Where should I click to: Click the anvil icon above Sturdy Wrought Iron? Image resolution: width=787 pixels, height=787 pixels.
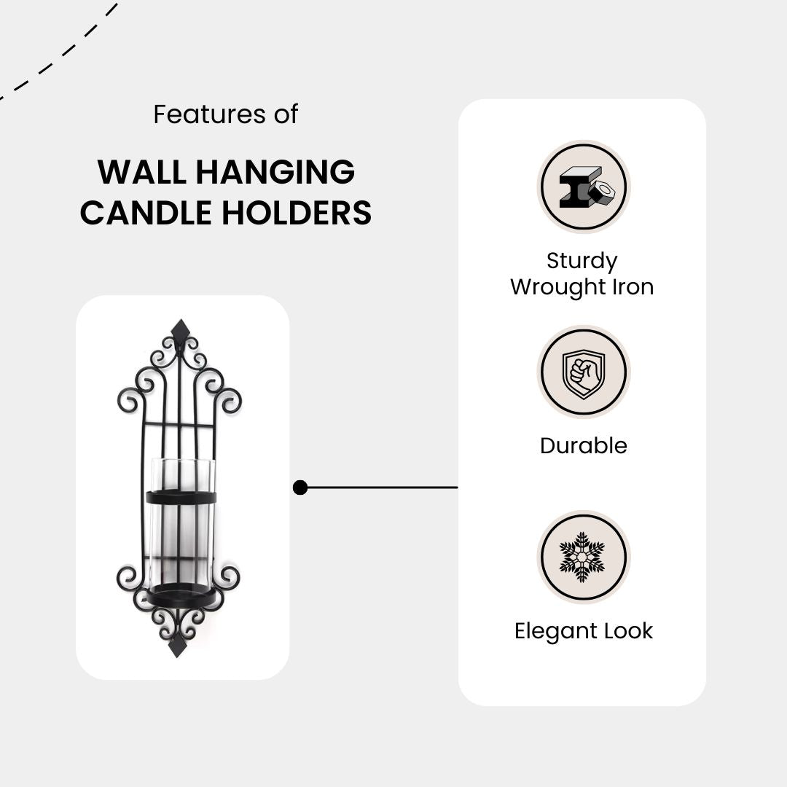(583, 187)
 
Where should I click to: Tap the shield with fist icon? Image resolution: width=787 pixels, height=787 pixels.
(583, 372)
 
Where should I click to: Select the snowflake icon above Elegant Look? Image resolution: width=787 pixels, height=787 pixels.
(583, 557)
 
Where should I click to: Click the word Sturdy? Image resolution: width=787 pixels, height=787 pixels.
(582, 261)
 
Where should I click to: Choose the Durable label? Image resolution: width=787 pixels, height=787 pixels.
(583, 446)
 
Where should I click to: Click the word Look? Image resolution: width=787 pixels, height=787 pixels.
(629, 631)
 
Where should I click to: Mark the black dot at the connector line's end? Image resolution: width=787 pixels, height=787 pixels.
(300, 488)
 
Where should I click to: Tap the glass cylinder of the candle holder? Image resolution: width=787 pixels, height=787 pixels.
(181, 536)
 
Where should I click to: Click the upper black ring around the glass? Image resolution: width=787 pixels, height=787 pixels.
(181, 498)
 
